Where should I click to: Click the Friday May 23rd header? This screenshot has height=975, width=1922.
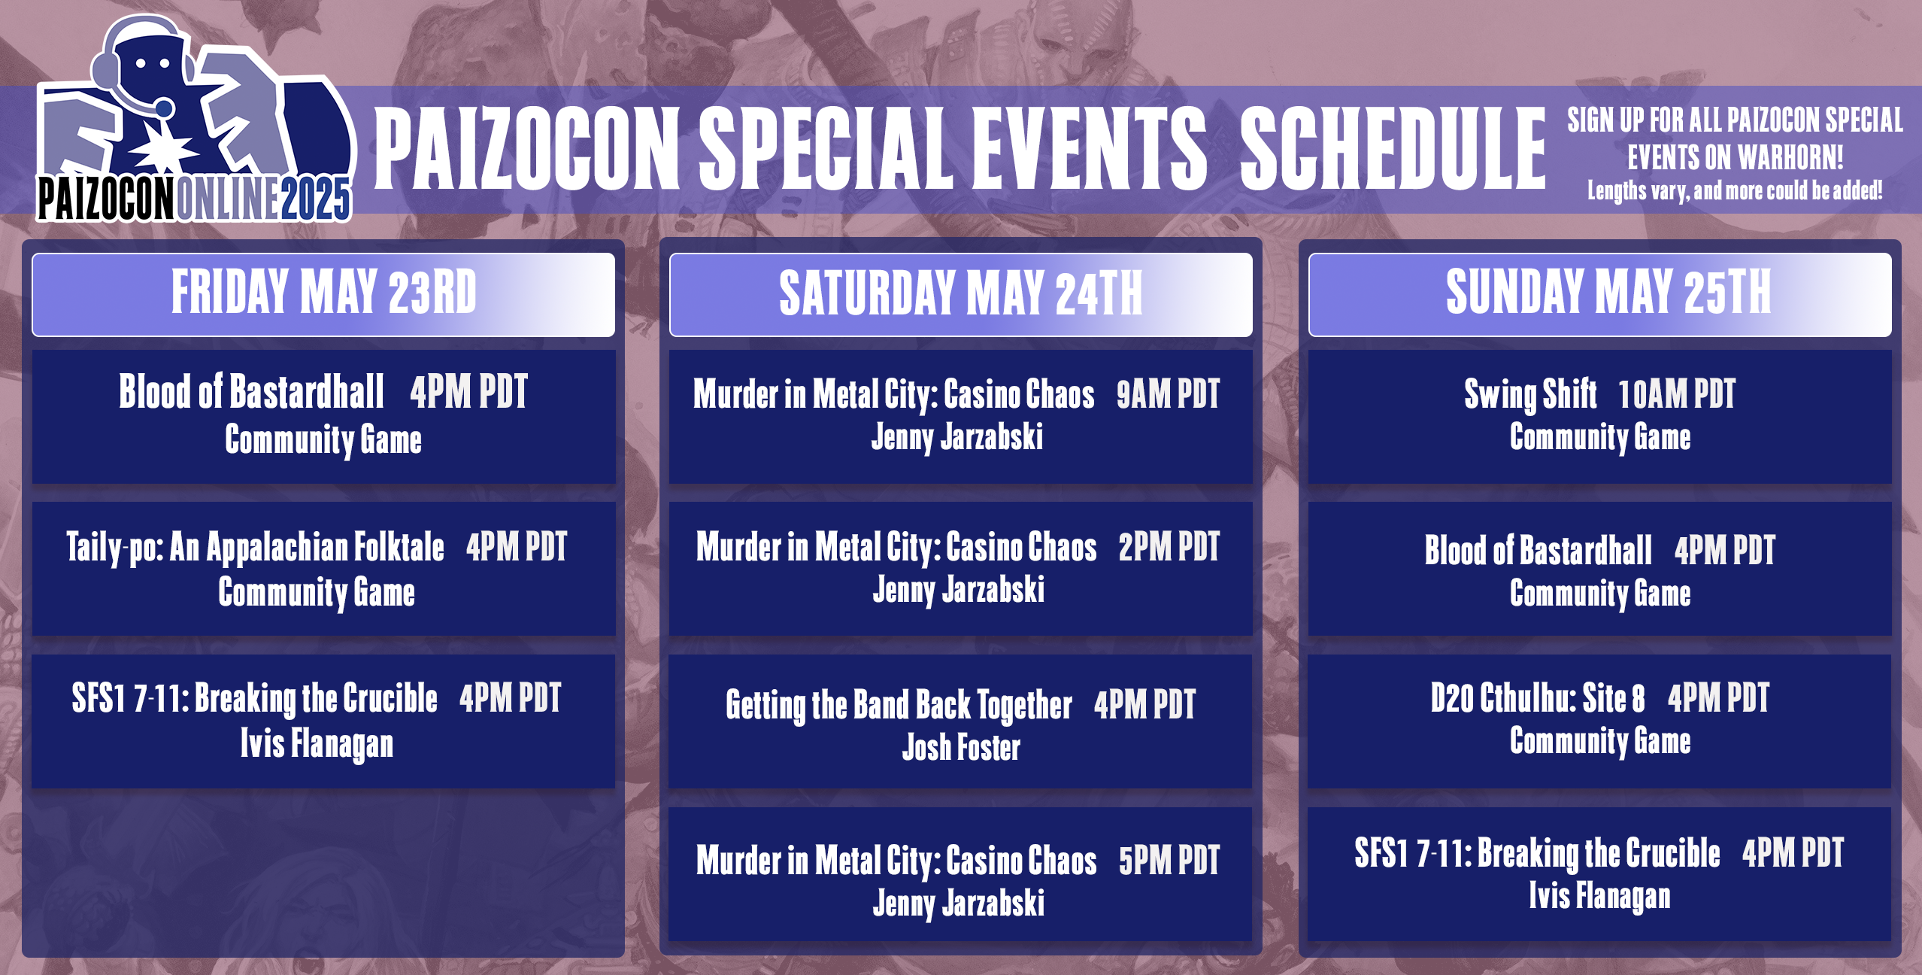[323, 293]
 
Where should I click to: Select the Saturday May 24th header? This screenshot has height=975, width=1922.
[960, 294]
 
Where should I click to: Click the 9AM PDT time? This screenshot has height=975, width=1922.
[1167, 395]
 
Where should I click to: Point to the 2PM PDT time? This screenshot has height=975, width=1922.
[1169, 548]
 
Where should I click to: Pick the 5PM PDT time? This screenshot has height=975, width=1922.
[1169, 861]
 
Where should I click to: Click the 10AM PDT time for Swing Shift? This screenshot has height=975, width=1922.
[1676, 395]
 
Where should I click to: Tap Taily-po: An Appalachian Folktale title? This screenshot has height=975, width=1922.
[255, 548]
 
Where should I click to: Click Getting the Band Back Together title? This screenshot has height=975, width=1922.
[898, 706]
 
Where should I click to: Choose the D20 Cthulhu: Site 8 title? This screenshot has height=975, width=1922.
[1537, 699]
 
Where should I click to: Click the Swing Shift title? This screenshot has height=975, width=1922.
[1529, 395]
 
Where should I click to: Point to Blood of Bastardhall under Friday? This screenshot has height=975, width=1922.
[251, 393]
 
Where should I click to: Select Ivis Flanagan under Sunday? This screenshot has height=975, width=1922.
[1599, 896]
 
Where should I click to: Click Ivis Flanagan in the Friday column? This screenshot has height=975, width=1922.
[317, 744]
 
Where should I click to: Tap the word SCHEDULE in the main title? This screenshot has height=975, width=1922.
[1391, 149]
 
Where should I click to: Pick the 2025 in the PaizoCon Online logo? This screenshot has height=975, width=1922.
[316, 200]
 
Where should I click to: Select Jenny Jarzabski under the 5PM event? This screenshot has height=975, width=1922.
[958, 904]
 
